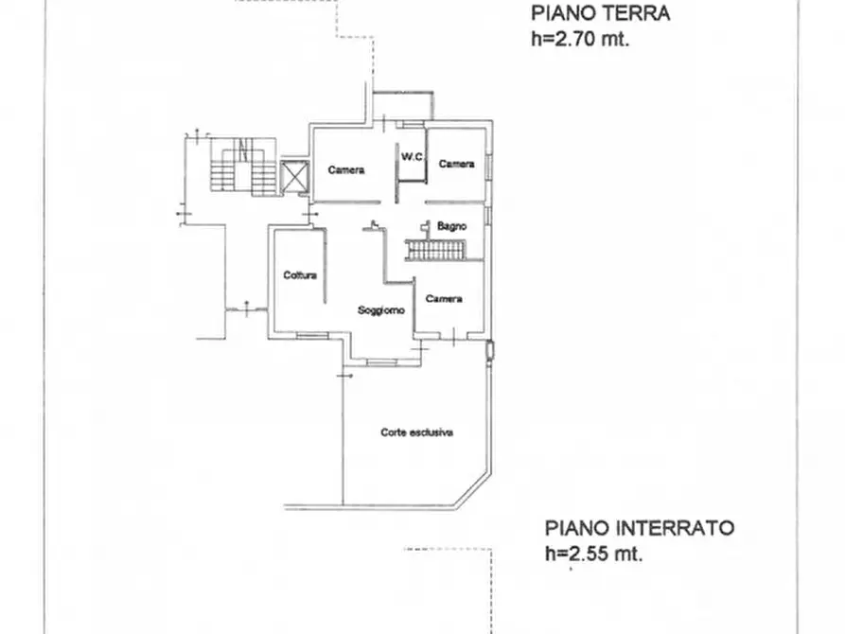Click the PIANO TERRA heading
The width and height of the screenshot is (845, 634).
pyautogui.click(x=600, y=13)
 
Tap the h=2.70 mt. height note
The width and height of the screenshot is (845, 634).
pyautogui.click(x=580, y=39)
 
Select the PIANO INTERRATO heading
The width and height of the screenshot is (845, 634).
pyautogui.click(x=640, y=528)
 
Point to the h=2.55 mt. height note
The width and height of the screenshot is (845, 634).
pyautogui.click(x=594, y=554)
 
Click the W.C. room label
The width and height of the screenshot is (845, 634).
pyautogui.click(x=412, y=157)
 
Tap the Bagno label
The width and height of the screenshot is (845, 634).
pyautogui.click(x=451, y=226)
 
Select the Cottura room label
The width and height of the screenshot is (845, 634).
pyautogui.click(x=300, y=275)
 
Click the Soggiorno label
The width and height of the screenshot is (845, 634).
pyautogui.click(x=381, y=310)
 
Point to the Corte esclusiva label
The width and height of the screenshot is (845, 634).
pyautogui.click(x=416, y=432)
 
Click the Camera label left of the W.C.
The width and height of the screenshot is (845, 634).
pyautogui.click(x=346, y=170)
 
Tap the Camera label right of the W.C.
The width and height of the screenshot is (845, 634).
pyautogui.click(x=456, y=164)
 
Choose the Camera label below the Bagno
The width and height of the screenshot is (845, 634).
pyautogui.click(x=444, y=299)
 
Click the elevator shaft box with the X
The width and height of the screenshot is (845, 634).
pyautogui.click(x=295, y=177)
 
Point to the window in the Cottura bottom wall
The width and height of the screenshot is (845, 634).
pyautogui.click(x=312, y=336)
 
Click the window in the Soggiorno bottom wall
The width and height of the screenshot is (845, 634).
pyautogui.click(x=382, y=362)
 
